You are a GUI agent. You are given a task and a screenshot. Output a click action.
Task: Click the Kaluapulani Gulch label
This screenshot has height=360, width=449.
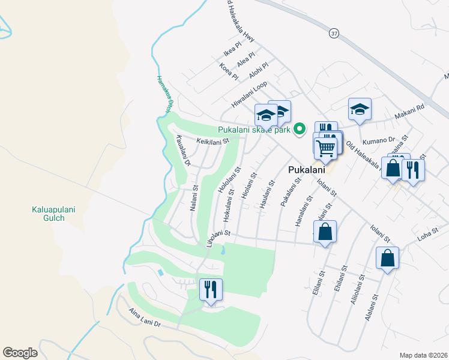[48, 214]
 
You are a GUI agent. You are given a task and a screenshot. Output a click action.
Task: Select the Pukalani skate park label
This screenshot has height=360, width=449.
[255, 130]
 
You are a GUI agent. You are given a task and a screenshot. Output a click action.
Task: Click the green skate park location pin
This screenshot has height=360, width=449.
[301, 128]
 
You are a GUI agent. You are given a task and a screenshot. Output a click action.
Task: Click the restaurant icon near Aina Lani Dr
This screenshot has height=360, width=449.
[211, 290]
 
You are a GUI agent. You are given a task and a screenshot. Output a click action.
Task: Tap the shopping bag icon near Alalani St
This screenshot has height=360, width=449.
[388, 259]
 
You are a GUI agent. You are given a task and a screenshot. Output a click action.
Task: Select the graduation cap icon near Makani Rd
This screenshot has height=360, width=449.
[360, 109]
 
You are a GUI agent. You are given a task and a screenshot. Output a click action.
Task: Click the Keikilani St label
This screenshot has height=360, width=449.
[213, 142]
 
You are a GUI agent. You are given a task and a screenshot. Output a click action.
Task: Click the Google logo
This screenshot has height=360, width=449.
[20, 353]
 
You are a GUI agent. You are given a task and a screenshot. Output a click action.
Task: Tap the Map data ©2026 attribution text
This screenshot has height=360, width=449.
[423, 355]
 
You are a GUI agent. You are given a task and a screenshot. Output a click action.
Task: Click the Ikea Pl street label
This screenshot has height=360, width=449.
[232, 44]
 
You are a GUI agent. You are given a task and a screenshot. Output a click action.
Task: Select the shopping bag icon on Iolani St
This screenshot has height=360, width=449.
[325, 232]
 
